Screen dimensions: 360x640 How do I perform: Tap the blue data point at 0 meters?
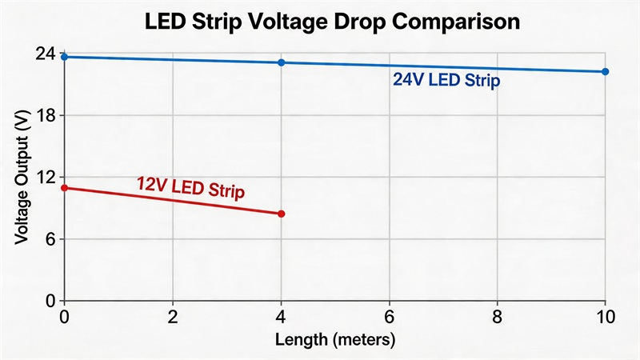[x=65, y=57]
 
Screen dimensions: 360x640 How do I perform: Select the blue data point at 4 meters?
[x=281, y=62]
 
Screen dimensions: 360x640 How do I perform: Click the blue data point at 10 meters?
[x=605, y=72]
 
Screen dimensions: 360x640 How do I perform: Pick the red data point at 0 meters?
[x=65, y=188]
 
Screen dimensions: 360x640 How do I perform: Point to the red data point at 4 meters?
[x=281, y=214]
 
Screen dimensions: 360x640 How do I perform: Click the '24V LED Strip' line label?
[x=446, y=81]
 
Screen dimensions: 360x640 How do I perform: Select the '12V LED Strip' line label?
[x=190, y=187]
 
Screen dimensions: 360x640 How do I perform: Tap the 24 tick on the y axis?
[x=46, y=54]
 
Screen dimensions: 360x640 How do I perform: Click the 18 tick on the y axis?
[x=46, y=116]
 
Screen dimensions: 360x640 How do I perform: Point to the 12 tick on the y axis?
[x=46, y=178]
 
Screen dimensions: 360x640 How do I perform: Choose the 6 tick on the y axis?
[x=50, y=239]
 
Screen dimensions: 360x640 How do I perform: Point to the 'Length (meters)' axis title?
[x=335, y=340]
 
